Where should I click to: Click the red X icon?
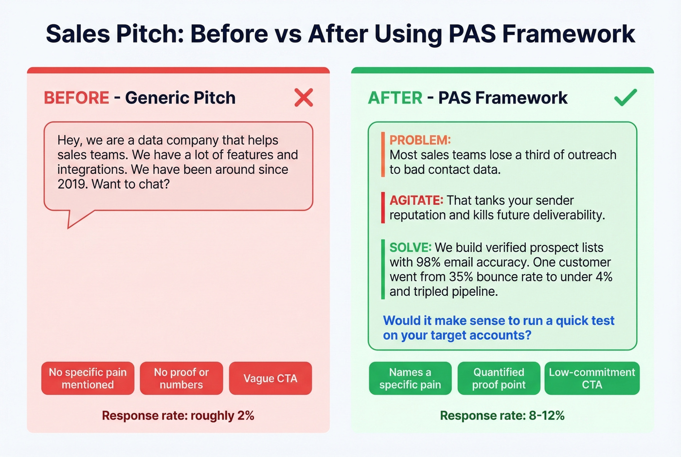[304, 97]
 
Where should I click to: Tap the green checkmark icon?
[625, 97]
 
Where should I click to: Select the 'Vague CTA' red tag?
[270, 378]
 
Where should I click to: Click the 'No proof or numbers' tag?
[181, 378]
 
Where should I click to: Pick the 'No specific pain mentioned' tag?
[88, 378]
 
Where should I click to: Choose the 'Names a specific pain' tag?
[410, 378]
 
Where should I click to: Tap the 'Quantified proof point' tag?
[499, 378]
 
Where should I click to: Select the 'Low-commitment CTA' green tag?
[591, 378]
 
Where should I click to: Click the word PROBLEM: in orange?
[420, 140]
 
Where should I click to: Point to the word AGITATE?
[416, 201]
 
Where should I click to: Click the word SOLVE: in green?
[410, 248]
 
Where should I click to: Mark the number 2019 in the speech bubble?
[72, 184]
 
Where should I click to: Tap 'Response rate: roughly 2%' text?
[178, 416]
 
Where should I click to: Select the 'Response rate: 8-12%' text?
[502, 416]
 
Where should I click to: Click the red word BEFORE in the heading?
[76, 98]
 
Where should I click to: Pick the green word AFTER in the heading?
[395, 98]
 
